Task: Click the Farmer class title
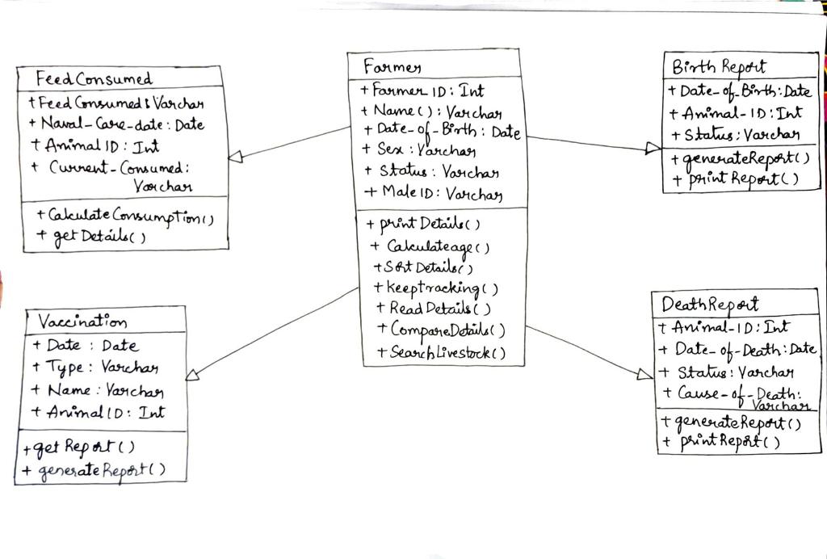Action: tap(392, 65)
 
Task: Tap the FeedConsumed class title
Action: tap(94, 79)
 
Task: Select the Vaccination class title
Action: tap(82, 322)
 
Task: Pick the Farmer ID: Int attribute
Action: tap(423, 90)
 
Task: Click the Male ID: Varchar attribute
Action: tap(434, 193)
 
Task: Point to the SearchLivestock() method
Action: tap(442, 352)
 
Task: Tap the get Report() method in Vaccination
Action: tap(79, 447)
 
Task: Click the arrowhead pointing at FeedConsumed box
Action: tap(235, 157)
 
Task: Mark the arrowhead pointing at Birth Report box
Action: tap(653, 148)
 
